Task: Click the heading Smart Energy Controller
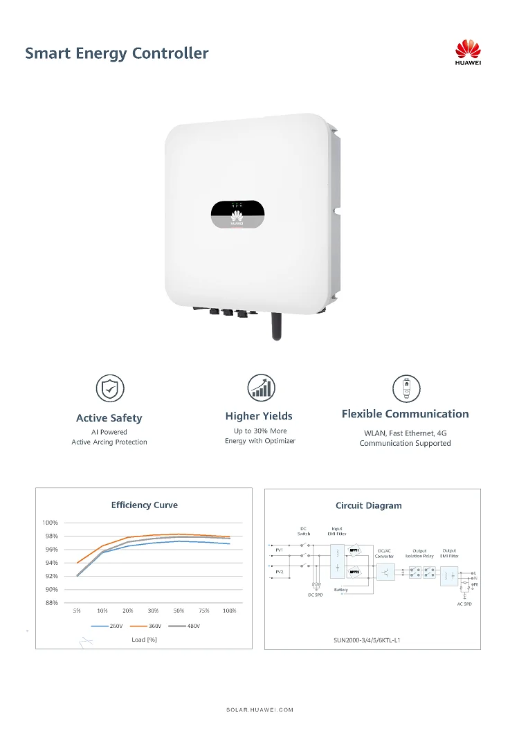[x=116, y=53]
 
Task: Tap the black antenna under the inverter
[x=275, y=325]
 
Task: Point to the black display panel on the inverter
[x=237, y=214]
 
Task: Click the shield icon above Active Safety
[x=109, y=388]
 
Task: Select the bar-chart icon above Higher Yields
[x=261, y=388]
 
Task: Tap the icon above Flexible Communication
[x=406, y=388]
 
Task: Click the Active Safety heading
[x=109, y=417]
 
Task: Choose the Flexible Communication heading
[x=405, y=414]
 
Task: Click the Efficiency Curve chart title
[x=144, y=505]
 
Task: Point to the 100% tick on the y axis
[x=51, y=523]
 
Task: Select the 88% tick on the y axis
[x=51, y=603]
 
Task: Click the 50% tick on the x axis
[x=179, y=611]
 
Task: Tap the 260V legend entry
[x=110, y=626]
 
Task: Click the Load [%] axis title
[x=144, y=639]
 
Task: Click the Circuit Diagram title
[x=368, y=505]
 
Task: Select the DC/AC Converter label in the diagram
[x=384, y=553]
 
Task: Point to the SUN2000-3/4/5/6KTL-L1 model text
[x=367, y=640]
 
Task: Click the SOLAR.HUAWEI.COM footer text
[x=259, y=710]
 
